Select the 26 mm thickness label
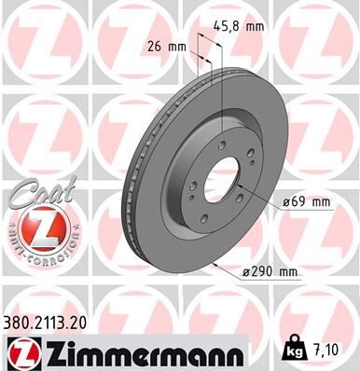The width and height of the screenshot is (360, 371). (167, 45)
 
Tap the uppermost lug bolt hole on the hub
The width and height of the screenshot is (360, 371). (204, 140)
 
